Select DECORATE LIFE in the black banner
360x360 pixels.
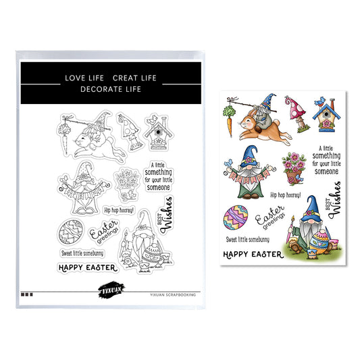(x=111, y=89)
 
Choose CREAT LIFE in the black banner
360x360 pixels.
(x=134, y=78)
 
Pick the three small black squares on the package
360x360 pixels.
(x=27, y=294)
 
